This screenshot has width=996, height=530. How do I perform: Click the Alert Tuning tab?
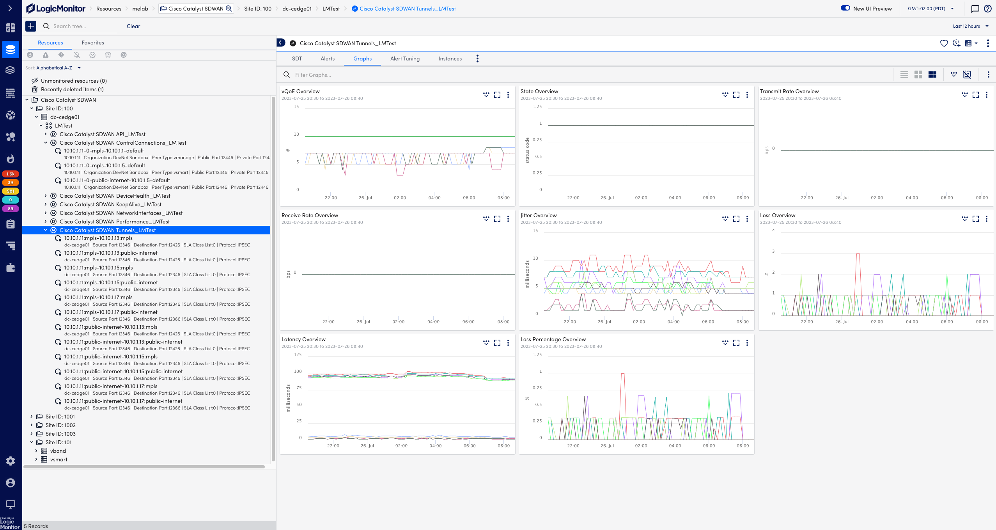tap(405, 58)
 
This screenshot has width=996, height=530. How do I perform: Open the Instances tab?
tap(450, 58)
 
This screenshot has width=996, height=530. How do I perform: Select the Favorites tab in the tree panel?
tap(93, 43)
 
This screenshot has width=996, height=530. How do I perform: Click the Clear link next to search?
tap(133, 26)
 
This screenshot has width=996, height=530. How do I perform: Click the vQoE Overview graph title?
tap(300, 91)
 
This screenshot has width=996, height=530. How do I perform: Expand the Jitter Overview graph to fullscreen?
tap(736, 219)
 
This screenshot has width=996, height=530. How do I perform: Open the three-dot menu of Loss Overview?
tap(986, 219)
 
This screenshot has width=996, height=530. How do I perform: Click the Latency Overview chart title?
tap(303, 339)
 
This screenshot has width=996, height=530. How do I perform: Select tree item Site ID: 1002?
tap(60, 425)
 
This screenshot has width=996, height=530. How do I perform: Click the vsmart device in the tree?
tap(58, 459)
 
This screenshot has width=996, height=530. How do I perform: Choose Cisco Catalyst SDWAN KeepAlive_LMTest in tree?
tap(110, 204)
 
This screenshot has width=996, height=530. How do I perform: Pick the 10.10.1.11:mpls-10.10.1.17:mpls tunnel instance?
tap(98, 297)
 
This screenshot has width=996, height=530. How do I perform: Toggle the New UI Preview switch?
tap(845, 8)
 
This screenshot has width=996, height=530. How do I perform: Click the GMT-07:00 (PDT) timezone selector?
tap(930, 9)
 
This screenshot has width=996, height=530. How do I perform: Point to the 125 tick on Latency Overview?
tap(298, 355)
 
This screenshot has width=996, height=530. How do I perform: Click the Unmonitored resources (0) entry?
tap(73, 81)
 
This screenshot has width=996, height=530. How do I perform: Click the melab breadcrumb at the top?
tap(140, 9)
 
